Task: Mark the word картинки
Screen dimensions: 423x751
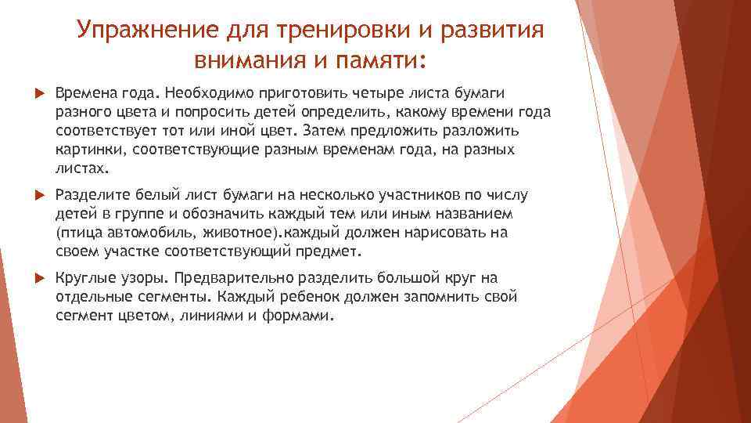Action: pos(86,149)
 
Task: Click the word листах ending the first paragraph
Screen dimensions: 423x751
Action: pos(82,168)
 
